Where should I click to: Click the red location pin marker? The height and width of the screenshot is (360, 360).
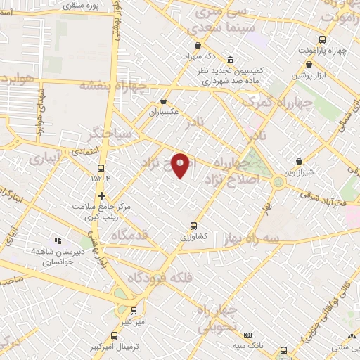[x=181, y=165]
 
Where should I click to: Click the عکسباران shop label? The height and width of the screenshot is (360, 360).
[x=165, y=111]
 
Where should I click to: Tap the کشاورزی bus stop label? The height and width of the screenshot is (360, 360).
[x=194, y=237]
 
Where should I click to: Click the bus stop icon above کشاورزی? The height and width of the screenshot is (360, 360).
[x=194, y=226]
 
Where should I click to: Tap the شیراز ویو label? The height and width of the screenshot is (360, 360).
[x=300, y=172]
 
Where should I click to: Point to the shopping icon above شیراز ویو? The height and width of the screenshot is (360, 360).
[x=300, y=161]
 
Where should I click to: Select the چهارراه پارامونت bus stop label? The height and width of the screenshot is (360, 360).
[x=323, y=51]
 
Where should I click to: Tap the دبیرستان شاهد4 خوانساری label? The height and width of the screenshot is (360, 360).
[x=53, y=255]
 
